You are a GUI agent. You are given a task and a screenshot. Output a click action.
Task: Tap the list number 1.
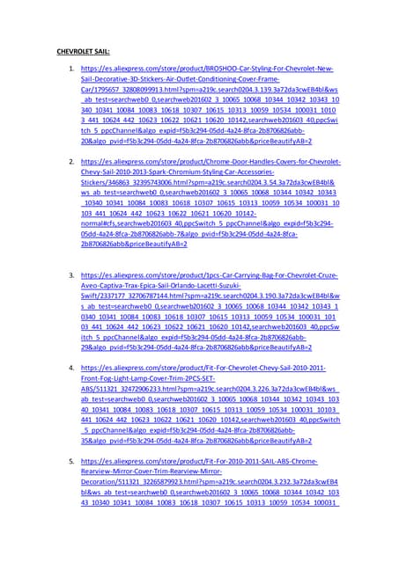70,69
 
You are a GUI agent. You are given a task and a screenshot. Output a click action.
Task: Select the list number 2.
70,163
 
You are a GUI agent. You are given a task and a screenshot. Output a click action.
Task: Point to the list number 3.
70,275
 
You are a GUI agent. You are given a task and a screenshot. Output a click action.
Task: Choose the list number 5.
70,460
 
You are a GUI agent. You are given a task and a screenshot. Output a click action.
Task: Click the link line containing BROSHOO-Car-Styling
207,69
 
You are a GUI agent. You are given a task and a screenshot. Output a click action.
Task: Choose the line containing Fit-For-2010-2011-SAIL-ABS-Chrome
207,460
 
